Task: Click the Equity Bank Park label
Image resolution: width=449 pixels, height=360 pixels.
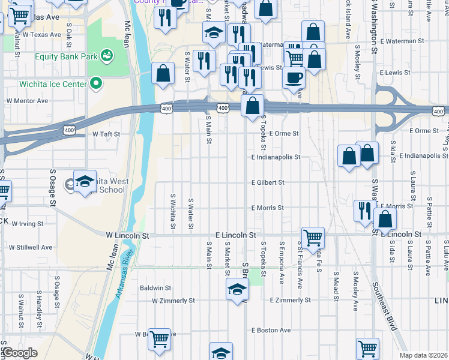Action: coord(66,57)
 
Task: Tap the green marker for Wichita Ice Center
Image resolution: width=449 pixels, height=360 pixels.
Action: coord(95,83)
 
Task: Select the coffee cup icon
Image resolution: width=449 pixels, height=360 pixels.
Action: coord(294,77)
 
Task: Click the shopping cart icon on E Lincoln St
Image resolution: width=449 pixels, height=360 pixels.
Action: coord(313,238)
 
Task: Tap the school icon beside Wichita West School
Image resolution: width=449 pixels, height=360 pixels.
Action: coord(85,182)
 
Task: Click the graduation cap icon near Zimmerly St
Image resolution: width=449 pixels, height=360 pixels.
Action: coord(237,289)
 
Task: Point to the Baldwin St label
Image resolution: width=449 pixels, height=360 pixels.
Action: coord(155,288)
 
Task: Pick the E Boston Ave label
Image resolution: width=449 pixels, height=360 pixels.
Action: coord(271,330)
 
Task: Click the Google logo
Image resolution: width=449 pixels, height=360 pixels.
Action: coord(20,353)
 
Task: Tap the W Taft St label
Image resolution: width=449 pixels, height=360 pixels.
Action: coord(106,134)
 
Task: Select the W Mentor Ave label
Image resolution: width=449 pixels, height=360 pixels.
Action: coord(27,101)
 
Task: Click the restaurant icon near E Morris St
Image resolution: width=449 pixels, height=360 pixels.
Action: coord(365,211)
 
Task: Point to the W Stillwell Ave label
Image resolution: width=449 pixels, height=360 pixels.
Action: coord(31,247)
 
